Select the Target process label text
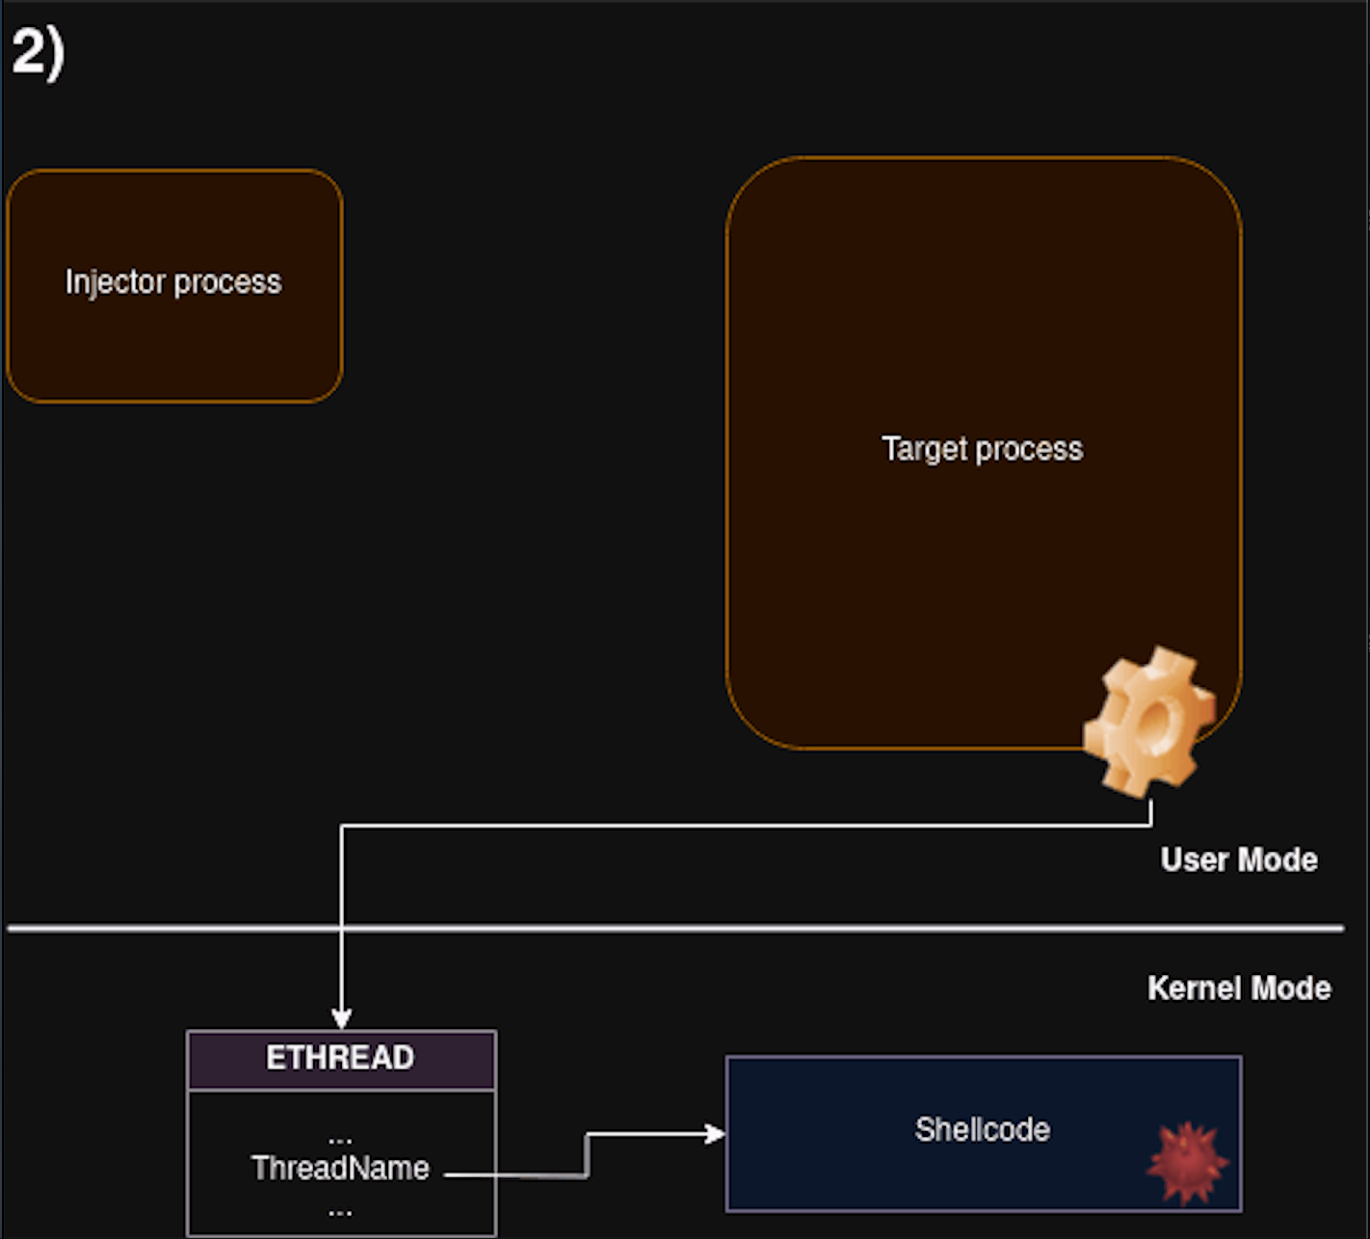982,449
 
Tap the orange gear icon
1149,721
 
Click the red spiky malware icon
1188,1163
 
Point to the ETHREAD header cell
341,1059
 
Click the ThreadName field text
340,1169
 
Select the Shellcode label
982,1129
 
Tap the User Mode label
1238,859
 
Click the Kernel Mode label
1239,989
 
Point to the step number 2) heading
38,52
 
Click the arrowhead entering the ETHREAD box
341,1019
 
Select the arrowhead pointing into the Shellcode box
715,1134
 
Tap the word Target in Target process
923,449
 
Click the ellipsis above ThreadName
340,1140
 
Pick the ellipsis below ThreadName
340,1209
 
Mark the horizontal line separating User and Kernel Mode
674,929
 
